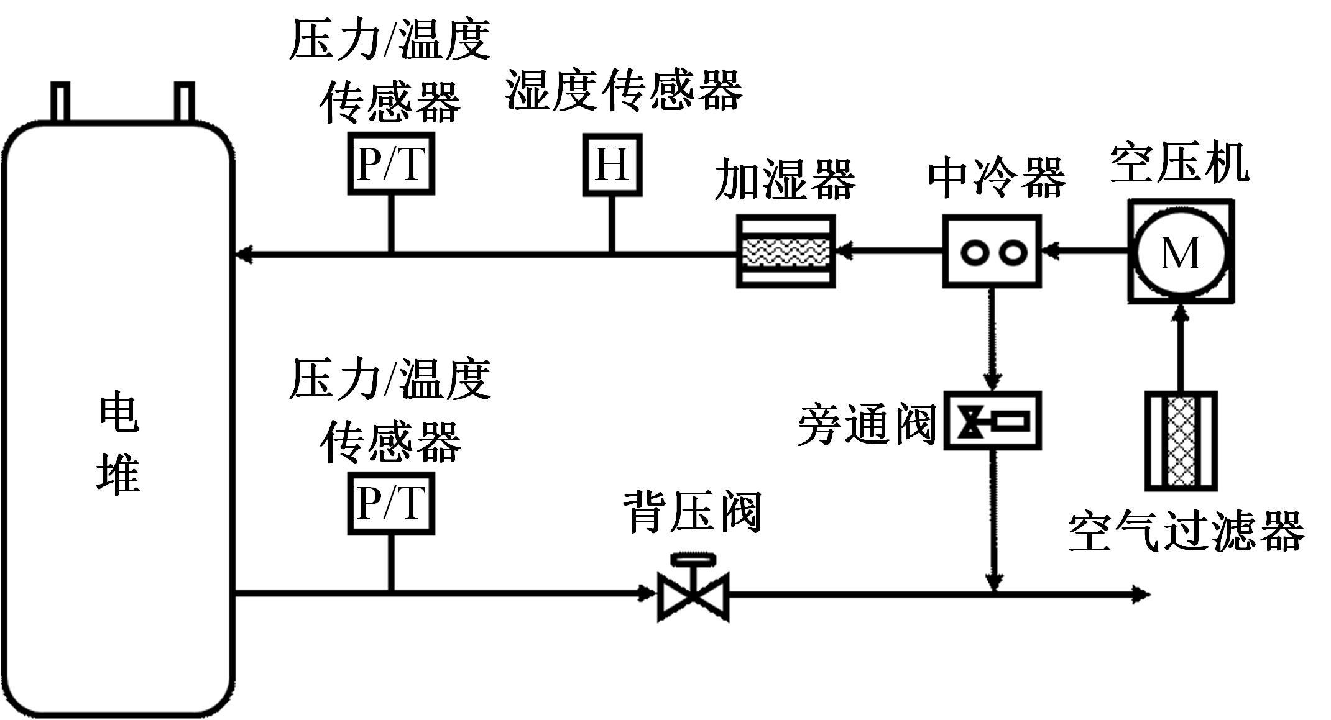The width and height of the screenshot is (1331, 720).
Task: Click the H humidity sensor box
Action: tap(612, 165)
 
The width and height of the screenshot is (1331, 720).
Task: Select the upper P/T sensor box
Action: tap(390, 164)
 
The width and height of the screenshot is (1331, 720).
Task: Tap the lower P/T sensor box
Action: tap(390, 503)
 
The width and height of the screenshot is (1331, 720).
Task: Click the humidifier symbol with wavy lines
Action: tap(785, 252)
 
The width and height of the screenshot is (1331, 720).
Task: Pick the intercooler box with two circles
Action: tap(992, 252)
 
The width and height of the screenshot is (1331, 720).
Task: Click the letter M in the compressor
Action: tap(1180, 253)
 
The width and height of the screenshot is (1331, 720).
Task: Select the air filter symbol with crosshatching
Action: tap(1181, 441)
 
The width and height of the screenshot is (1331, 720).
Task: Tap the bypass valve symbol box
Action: tap(992, 421)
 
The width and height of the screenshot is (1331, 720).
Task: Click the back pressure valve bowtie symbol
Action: tap(693, 595)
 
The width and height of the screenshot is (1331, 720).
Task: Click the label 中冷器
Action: tap(997, 178)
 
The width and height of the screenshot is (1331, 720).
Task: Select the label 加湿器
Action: tap(785, 180)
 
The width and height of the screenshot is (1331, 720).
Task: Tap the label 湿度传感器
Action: tap(624, 91)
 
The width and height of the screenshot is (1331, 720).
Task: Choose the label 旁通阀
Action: tap(867, 425)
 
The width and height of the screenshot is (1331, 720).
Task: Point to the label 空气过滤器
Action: tap(1186, 532)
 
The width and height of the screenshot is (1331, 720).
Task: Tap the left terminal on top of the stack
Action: tap(60, 101)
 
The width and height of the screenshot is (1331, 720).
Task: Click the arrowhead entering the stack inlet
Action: tap(244, 253)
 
